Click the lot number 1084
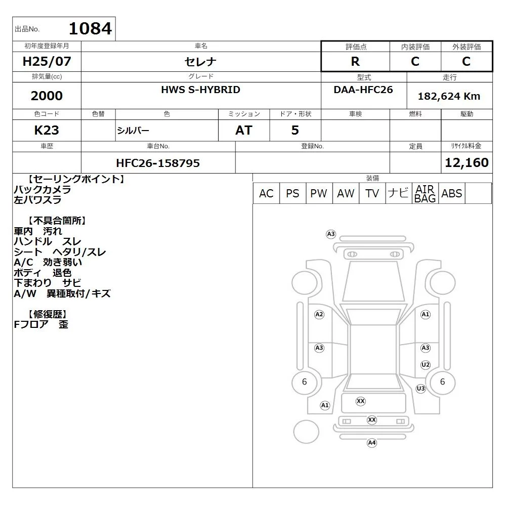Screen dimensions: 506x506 [x=91, y=28]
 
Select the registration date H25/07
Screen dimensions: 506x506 [x=47, y=61]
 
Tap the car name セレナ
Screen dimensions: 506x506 [x=200, y=62]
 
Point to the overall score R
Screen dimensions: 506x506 [x=355, y=61]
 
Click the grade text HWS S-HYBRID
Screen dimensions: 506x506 [x=201, y=90]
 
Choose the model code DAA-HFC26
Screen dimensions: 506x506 [x=363, y=90]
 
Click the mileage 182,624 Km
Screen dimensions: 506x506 [x=449, y=96]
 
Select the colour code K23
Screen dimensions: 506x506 [x=47, y=131]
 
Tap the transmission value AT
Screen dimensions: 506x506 [x=244, y=131]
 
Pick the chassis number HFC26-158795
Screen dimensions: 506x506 [x=158, y=163]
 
